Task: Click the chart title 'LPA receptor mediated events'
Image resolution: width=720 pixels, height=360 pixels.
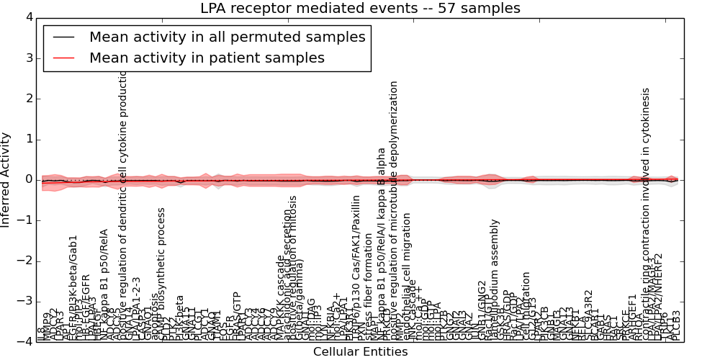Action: pyautogui.click(x=359, y=9)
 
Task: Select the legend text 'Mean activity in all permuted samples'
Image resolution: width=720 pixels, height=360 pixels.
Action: pyautogui.click(x=228, y=37)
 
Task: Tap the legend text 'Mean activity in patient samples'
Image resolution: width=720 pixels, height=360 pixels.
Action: pyautogui.click(x=207, y=58)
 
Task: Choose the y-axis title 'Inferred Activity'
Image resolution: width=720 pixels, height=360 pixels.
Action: pyautogui.click(x=6, y=179)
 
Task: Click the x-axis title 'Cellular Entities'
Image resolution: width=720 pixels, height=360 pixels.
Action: pyautogui.click(x=360, y=351)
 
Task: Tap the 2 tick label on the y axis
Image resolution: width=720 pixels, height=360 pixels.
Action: pyautogui.click(x=28, y=99)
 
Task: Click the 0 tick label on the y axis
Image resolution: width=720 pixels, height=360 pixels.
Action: pyautogui.click(x=28, y=180)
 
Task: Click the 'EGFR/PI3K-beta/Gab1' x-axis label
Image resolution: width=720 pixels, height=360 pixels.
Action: pyautogui.click(x=73, y=288)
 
